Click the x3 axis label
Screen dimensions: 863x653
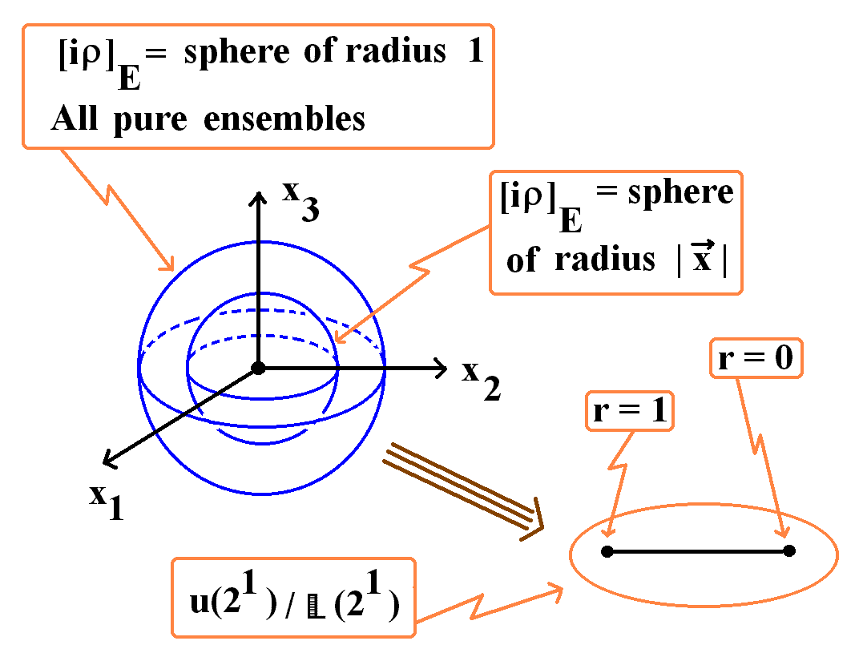(x=300, y=202)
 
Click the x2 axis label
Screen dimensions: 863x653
(x=481, y=380)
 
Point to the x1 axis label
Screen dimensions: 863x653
(x=107, y=501)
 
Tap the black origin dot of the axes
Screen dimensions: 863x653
(x=258, y=368)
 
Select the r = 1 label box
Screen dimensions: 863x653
(x=630, y=411)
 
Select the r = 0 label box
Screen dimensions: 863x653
(x=756, y=358)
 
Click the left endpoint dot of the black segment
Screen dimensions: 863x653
(x=607, y=551)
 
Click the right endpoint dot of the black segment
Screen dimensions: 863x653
(x=789, y=550)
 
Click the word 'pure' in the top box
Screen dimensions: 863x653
(x=151, y=120)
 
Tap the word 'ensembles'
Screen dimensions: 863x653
(x=284, y=118)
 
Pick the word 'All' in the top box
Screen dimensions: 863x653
(x=75, y=118)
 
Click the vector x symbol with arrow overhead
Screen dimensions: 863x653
(x=702, y=256)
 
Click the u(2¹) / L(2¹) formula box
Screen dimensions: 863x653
(x=293, y=598)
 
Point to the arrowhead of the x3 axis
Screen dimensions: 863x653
(x=257, y=198)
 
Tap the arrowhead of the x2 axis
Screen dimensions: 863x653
(x=440, y=368)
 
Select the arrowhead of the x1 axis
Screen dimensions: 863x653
(x=109, y=460)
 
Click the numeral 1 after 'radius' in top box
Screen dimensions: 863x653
(x=475, y=51)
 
